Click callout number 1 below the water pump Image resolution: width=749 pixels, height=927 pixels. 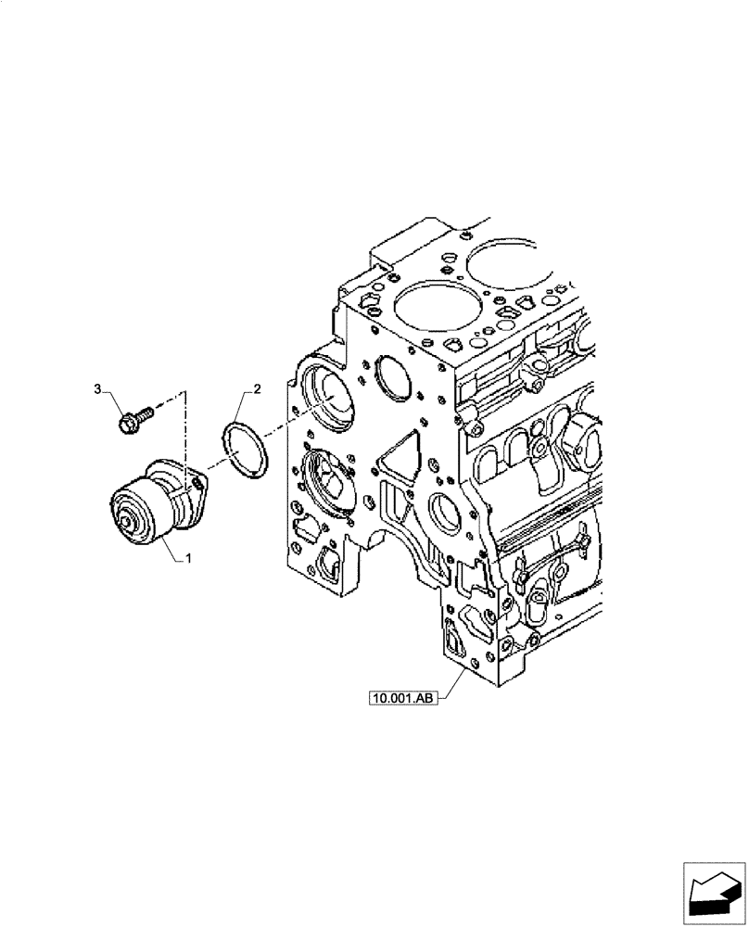click(x=189, y=558)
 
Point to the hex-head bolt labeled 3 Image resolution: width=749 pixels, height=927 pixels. click(x=131, y=418)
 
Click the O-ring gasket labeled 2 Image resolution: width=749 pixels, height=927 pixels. click(x=246, y=449)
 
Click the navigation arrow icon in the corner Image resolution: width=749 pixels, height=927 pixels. click(x=714, y=894)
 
